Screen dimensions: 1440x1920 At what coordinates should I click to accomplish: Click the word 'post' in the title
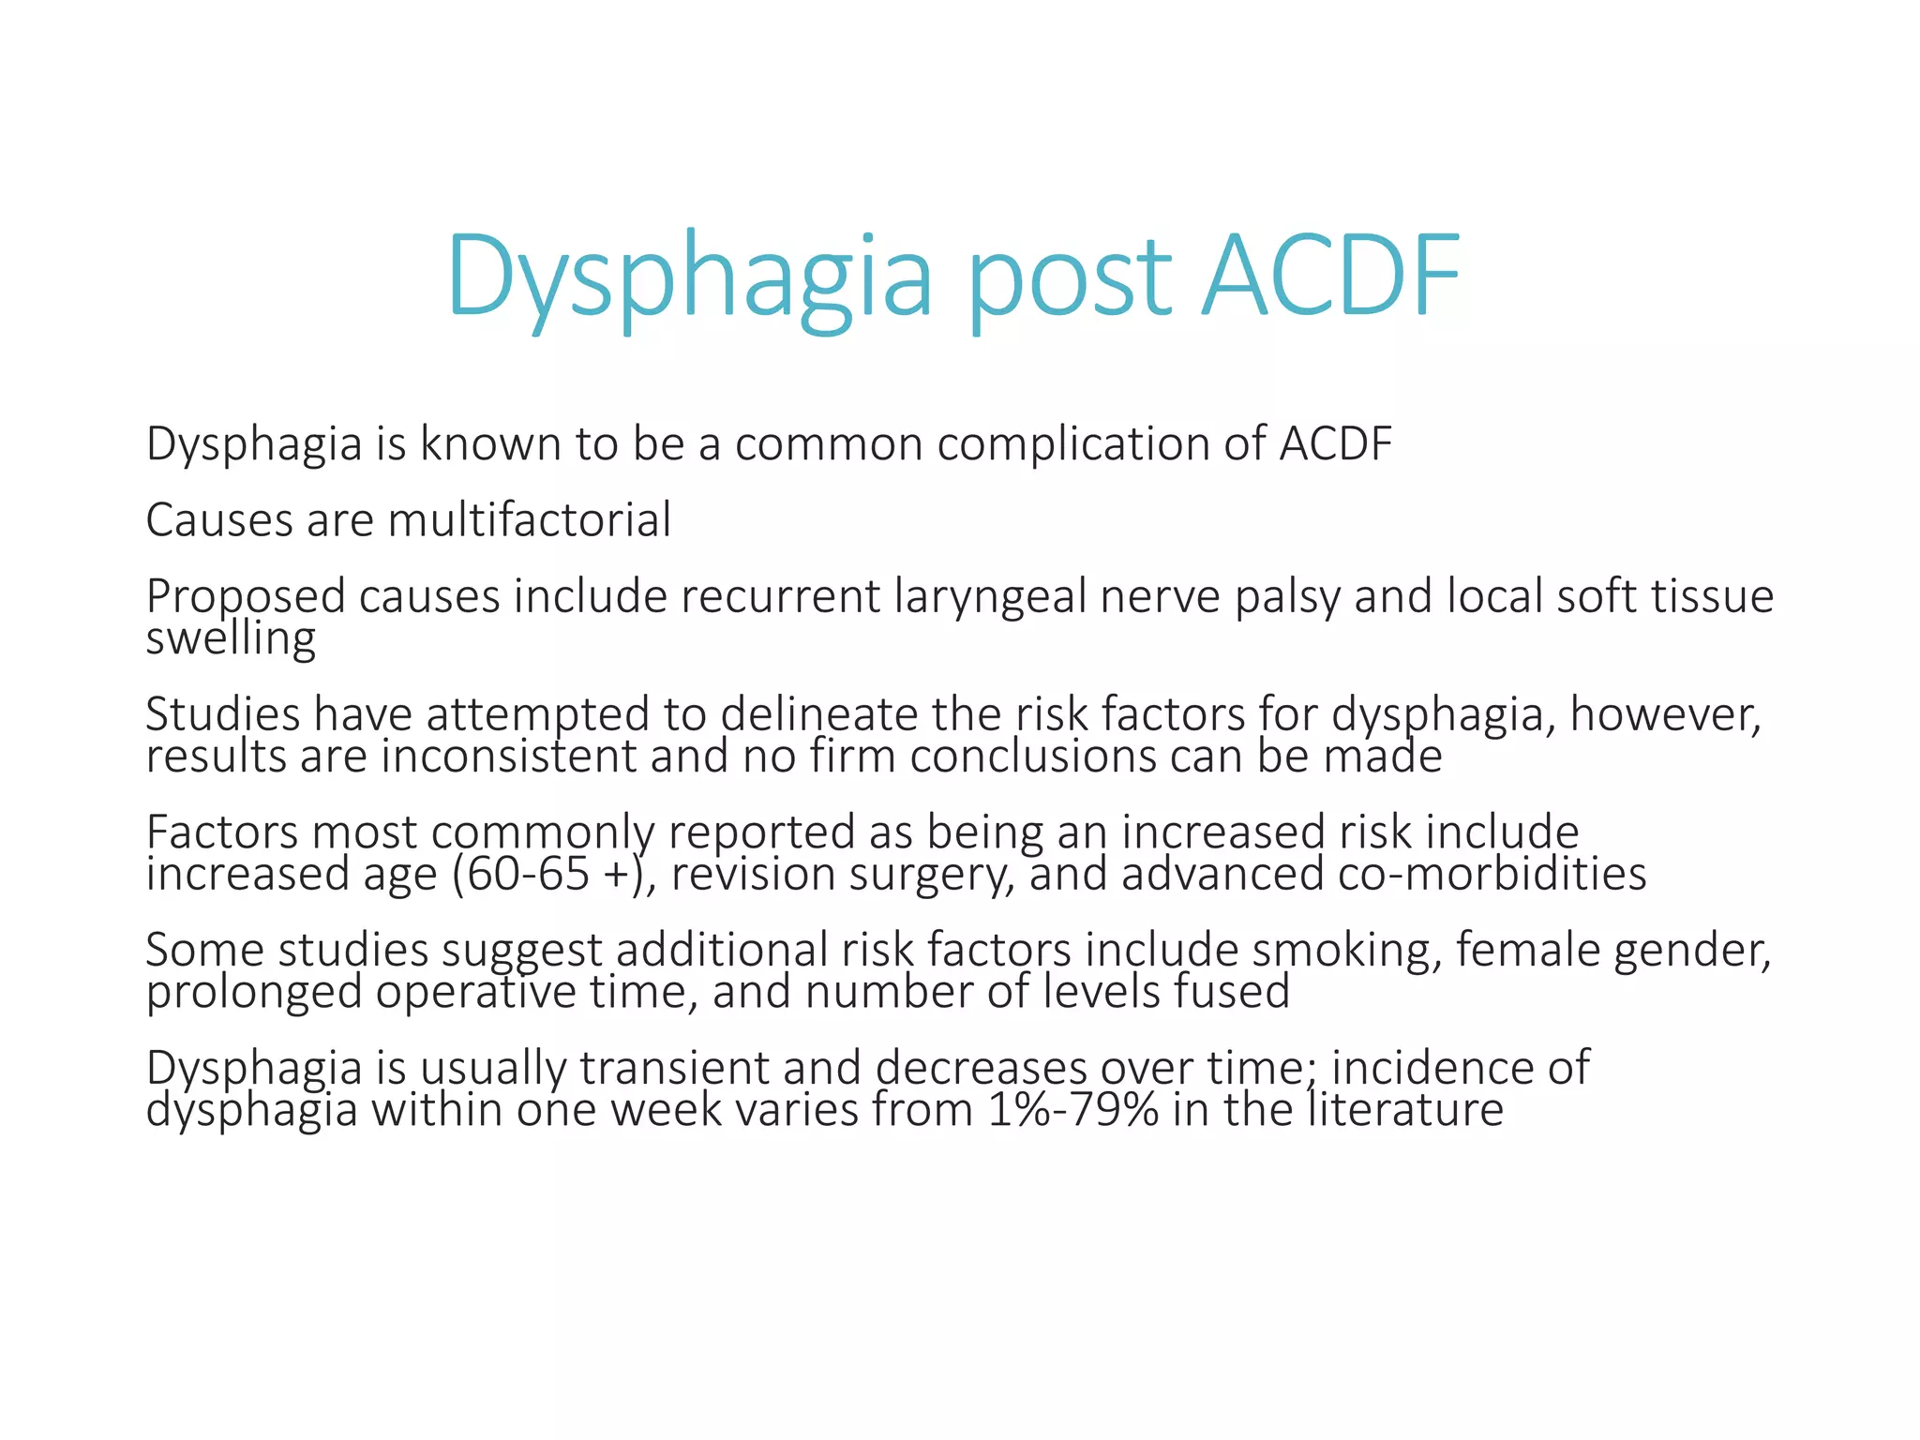click(1069, 277)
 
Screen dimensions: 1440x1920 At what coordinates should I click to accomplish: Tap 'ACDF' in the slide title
click(1330, 277)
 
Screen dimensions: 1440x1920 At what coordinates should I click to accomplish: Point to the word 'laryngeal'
click(989, 596)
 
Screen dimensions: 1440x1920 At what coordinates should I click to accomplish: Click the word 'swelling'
click(231, 639)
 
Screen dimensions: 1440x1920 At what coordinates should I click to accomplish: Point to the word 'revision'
click(752, 874)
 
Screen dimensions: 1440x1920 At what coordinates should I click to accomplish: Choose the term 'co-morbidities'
click(1492, 874)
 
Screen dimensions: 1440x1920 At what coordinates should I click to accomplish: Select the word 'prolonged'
click(254, 992)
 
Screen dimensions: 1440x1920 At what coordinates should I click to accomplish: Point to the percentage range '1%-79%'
click(1072, 1110)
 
